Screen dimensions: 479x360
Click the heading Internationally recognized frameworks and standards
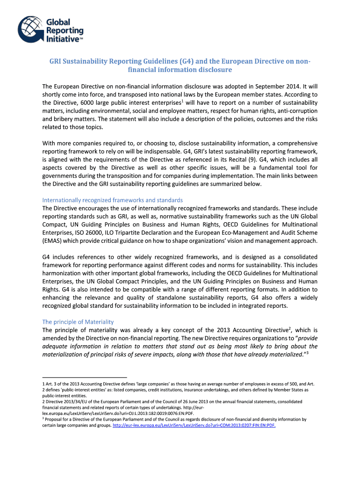click(112, 200)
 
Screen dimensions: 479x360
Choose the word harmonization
click(65, 274)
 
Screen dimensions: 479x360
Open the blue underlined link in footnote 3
click(194, 426)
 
